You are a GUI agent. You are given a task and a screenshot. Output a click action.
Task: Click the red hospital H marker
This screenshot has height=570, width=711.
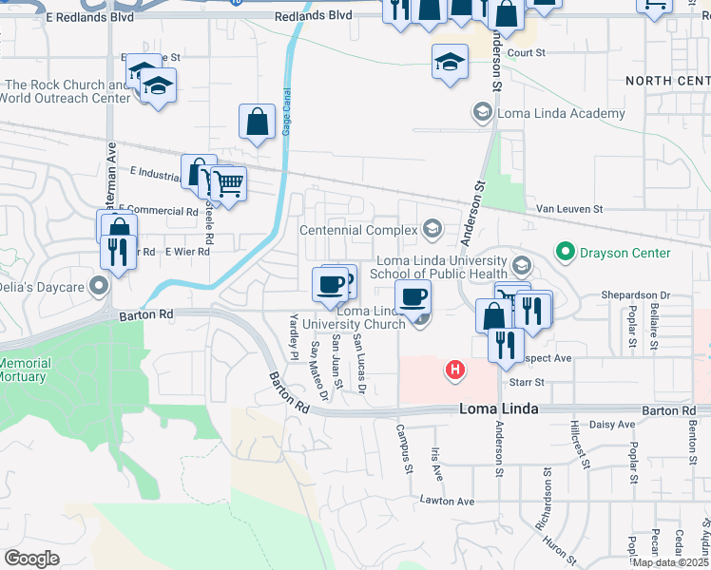click(x=455, y=369)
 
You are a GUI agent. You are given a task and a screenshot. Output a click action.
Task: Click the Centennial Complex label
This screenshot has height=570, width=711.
click(x=358, y=230)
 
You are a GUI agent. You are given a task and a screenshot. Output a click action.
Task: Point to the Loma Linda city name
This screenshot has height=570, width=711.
click(x=499, y=409)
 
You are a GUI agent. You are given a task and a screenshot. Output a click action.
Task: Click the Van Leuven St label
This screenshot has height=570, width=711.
click(x=569, y=208)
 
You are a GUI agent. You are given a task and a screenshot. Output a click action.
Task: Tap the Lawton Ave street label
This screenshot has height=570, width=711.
click(x=447, y=501)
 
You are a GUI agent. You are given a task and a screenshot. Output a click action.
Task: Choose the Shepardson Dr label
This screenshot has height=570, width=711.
click(x=635, y=295)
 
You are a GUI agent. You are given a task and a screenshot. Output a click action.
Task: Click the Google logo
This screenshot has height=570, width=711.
click(x=31, y=558)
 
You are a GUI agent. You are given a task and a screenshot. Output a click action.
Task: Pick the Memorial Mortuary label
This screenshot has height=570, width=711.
click(x=23, y=370)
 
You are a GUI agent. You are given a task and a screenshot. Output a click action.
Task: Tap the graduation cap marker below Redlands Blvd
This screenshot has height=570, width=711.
click(x=450, y=63)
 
